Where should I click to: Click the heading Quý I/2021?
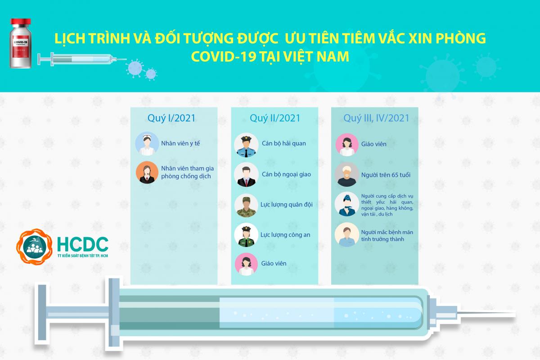pyautogui.click(x=171, y=118)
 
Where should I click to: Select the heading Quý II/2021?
pyautogui.click(x=275, y=118)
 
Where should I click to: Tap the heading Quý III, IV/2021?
pyautogui.click(x=376, y=118)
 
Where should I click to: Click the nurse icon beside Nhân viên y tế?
pyautogui.click(x=147, y=144)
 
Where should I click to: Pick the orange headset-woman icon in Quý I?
pyautogui.click(x=147, y=172)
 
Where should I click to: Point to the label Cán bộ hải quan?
pyautogui.click(x=284, y=144)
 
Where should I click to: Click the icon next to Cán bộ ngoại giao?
pyautogui.click(x=246, y=174)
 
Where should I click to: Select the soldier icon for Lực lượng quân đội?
pyautogui.click(x=246, y=206)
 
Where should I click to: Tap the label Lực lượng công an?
pyautogui.click(x=285, y=235)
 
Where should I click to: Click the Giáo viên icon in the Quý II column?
pyautogui.click(x=246, y=264)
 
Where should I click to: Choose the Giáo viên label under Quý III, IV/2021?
pyautogui.click(x=373, y=144)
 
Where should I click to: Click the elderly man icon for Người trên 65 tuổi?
pyautogui.click(x=346, y=174)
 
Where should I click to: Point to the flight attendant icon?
pyautogui.click(x=346, y=204)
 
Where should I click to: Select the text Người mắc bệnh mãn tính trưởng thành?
pyautogui.click(x=387, y=236)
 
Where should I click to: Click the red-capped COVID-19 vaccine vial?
pyautogui.click(x=21, y=43)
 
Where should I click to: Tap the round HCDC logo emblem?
pyautogui.click(x=34, y=247)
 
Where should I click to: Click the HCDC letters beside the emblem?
pyautogui.click(x=82, y=244)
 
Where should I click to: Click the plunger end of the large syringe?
pyautogui.click(x=42, y=314)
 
